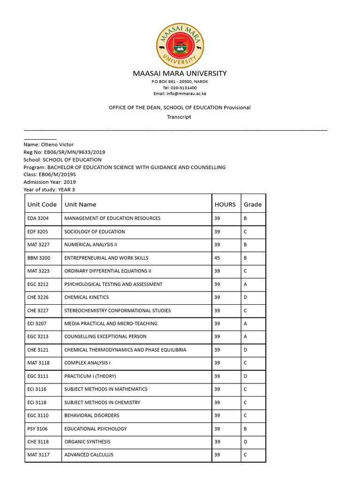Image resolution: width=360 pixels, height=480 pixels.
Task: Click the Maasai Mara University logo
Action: coord(180,45)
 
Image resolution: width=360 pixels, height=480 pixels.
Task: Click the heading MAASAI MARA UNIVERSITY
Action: coord(180,74)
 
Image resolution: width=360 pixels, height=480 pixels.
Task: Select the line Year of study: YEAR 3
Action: coord(49,190)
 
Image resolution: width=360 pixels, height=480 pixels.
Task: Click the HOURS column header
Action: coord(225,204)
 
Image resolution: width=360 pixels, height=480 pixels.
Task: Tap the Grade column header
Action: coord(253,204)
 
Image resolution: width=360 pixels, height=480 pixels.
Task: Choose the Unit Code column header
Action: coord(42,204)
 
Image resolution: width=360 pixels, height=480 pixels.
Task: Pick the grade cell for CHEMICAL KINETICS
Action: coord(246,297)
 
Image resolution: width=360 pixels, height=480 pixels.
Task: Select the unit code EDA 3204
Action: coord(38,218)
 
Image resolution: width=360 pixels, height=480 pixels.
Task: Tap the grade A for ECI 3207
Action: coord(245,323)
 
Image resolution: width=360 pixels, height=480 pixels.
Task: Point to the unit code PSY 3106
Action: coord(37,428)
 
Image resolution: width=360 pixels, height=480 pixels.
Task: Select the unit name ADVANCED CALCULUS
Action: coord(89,455)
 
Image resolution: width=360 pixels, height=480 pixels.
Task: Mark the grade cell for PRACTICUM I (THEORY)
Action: coord(246,376)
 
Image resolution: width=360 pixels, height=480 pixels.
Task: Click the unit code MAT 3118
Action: coord(38,363)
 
